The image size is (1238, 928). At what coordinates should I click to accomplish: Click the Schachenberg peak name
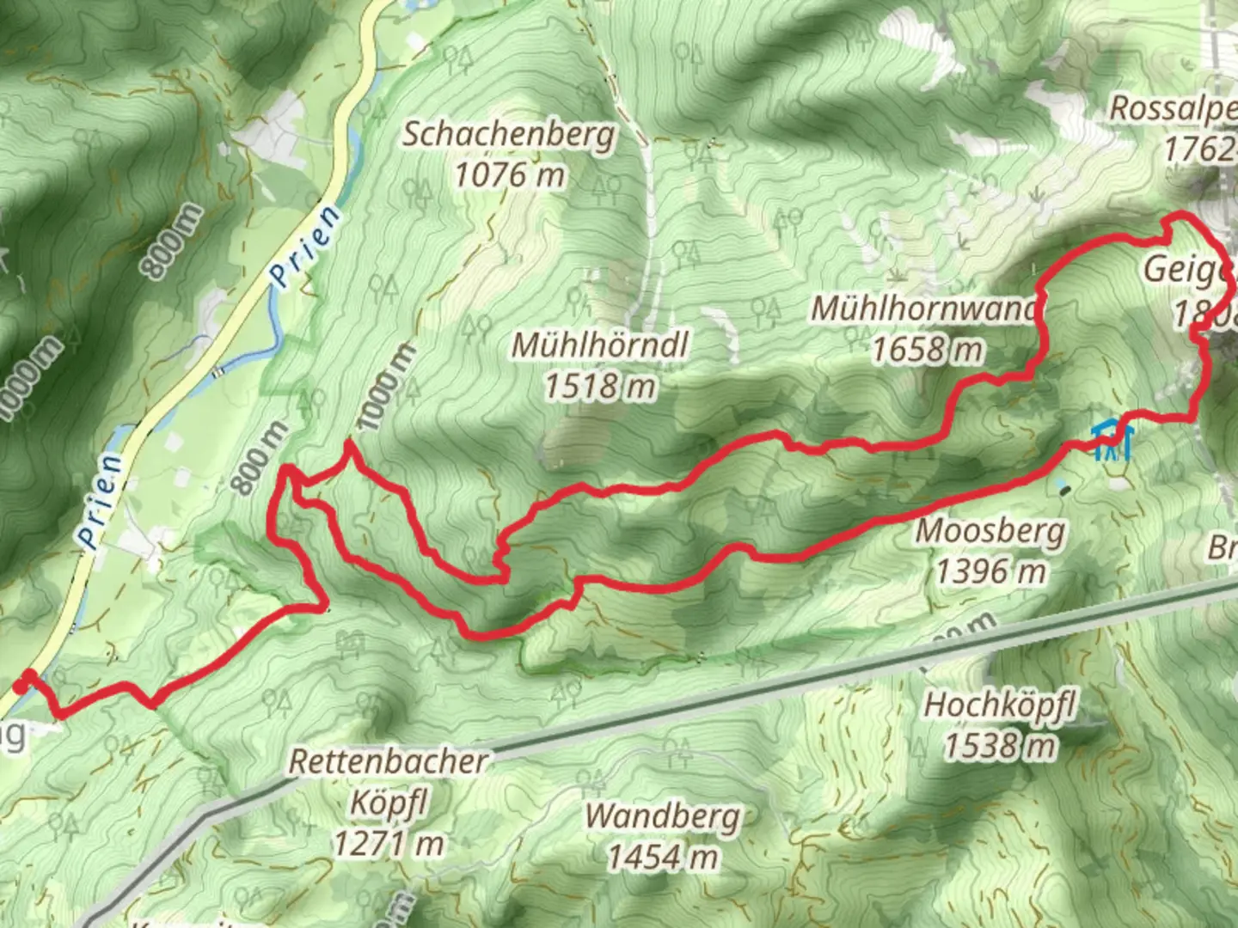[509, 135]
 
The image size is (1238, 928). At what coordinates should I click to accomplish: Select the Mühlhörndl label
[600, 345]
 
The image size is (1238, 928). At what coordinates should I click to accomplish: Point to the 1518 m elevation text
[600, 387]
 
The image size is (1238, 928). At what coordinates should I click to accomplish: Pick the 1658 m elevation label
[927, 350]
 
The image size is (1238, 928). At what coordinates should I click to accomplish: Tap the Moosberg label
[990, 531]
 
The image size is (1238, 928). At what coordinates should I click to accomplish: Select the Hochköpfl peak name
[1000, 705]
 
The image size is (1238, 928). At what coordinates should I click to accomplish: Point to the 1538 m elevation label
[1000, 746]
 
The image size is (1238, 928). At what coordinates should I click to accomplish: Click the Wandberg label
[663, 816]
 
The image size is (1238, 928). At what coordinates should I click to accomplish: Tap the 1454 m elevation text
[663, 857]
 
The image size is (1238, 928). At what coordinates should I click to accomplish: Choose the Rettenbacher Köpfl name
[389, 782]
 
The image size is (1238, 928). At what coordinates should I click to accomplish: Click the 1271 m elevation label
[389, 845]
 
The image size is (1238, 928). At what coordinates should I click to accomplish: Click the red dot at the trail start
[21, 686]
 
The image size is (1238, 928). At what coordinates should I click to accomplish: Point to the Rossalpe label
[1174, 109]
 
